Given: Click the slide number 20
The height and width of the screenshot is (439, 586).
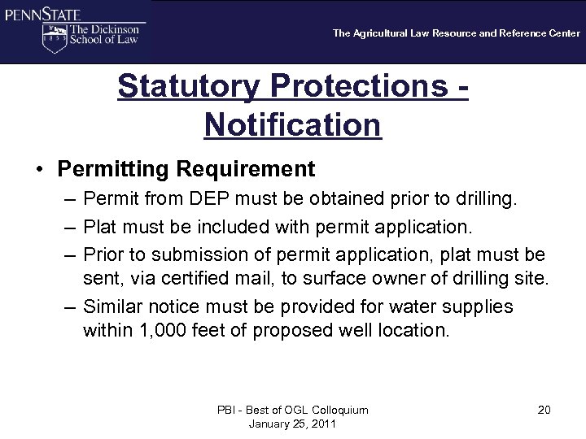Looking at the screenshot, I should pos(544,410).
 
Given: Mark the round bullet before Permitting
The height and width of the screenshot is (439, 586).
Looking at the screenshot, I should pos(38,169).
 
